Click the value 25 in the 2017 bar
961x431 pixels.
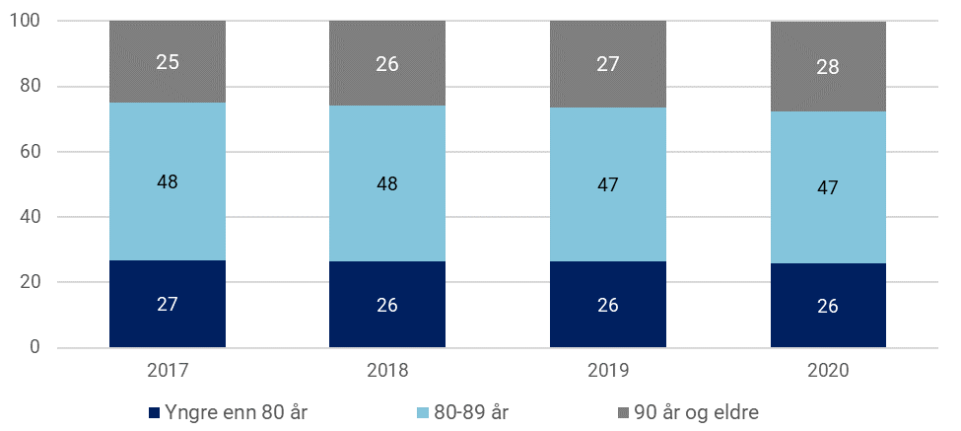tap(168, 62)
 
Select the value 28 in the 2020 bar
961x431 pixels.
tap(828, 67)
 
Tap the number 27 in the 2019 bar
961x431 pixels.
tap(607, 65)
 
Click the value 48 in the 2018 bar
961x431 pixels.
tap(387, 183)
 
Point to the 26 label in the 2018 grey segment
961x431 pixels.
tap(387, 64)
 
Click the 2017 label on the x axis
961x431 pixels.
tap(168, 374)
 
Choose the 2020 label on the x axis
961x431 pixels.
tap(828, 374)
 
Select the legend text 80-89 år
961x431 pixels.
tap(470, 411)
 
